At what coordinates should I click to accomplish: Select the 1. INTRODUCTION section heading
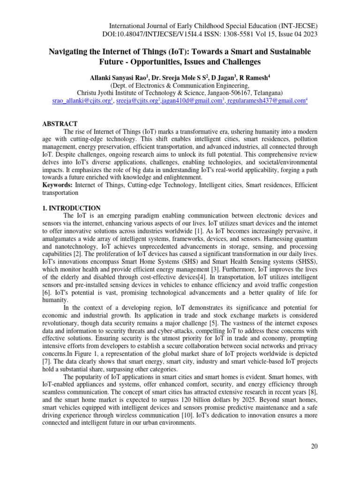coord(72,208)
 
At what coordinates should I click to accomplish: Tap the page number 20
coord(314,446)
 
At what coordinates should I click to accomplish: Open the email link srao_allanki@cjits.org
coord(81,101)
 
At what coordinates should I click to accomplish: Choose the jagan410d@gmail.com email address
coord(190,101)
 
